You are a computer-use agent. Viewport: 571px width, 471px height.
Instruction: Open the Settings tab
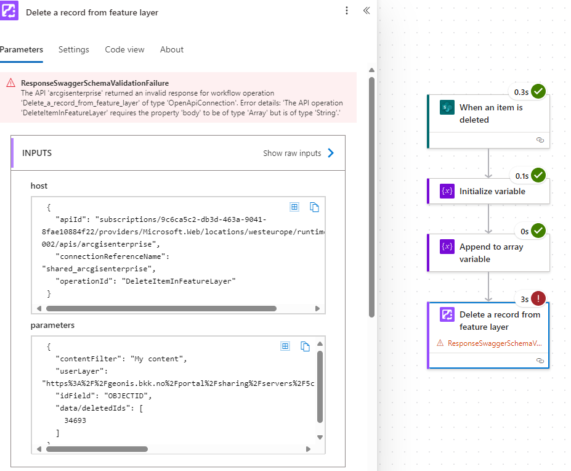tap(74, 49)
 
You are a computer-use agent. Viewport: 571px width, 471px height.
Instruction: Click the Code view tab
tap(124, 49)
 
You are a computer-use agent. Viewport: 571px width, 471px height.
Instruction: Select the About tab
tap(172, 49)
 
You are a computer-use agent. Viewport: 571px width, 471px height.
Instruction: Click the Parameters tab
tap(22, 49)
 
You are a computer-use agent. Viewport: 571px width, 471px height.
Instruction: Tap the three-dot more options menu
tap(347, 11)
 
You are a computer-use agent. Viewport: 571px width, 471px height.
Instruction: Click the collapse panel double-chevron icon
tap(366, 11)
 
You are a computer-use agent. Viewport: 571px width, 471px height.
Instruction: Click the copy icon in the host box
tap(314, 207)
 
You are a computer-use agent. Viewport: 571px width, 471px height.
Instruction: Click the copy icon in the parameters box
tap(305, 346)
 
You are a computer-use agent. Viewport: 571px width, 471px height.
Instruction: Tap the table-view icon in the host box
tap(294, 207)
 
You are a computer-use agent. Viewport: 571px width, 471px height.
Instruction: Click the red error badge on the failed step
tap(538, 299)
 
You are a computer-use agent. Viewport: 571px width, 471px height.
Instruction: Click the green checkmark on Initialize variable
tap(538, 176)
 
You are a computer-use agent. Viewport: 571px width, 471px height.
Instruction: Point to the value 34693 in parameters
tap(75, 420)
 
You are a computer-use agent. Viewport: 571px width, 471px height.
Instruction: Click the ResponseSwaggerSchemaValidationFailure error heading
tap(95, 83)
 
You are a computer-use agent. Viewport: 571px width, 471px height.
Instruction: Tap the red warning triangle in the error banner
tap(10, 83)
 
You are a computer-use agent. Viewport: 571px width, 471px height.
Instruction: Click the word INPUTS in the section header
tap(37, 153)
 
